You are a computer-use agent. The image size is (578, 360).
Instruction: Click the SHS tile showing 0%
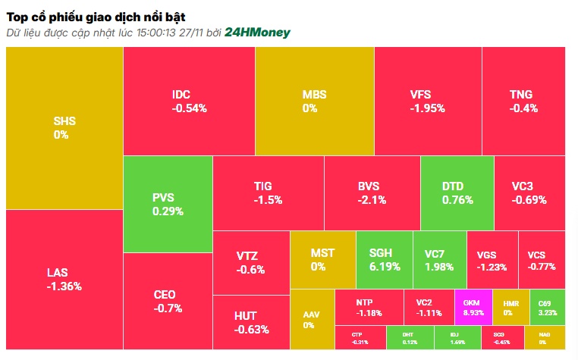pos(64,127)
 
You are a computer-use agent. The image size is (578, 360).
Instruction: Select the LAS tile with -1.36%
pos(64,279)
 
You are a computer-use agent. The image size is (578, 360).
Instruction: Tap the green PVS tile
pos(168,204)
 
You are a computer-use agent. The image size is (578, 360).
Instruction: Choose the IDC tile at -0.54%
pos(189,101)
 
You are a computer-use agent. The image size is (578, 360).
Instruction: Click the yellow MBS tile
pos(314,101)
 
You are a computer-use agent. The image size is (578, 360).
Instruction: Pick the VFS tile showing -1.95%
pos(428,101)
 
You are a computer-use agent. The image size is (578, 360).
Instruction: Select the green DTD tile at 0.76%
pos(457,193)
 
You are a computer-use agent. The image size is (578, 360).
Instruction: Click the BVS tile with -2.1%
pos(372,193)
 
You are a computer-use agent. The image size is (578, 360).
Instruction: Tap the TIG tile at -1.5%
pos(268,193)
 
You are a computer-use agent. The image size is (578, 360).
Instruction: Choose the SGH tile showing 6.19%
pos(384,259)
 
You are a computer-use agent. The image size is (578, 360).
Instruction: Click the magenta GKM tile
pos(473,307)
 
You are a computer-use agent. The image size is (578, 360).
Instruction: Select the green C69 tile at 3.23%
pos(547,307)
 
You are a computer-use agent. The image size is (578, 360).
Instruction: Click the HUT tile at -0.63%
pos(250,321)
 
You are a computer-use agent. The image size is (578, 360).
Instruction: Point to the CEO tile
pos(168,301)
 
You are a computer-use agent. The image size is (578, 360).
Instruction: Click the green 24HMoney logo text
pos(257,33)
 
